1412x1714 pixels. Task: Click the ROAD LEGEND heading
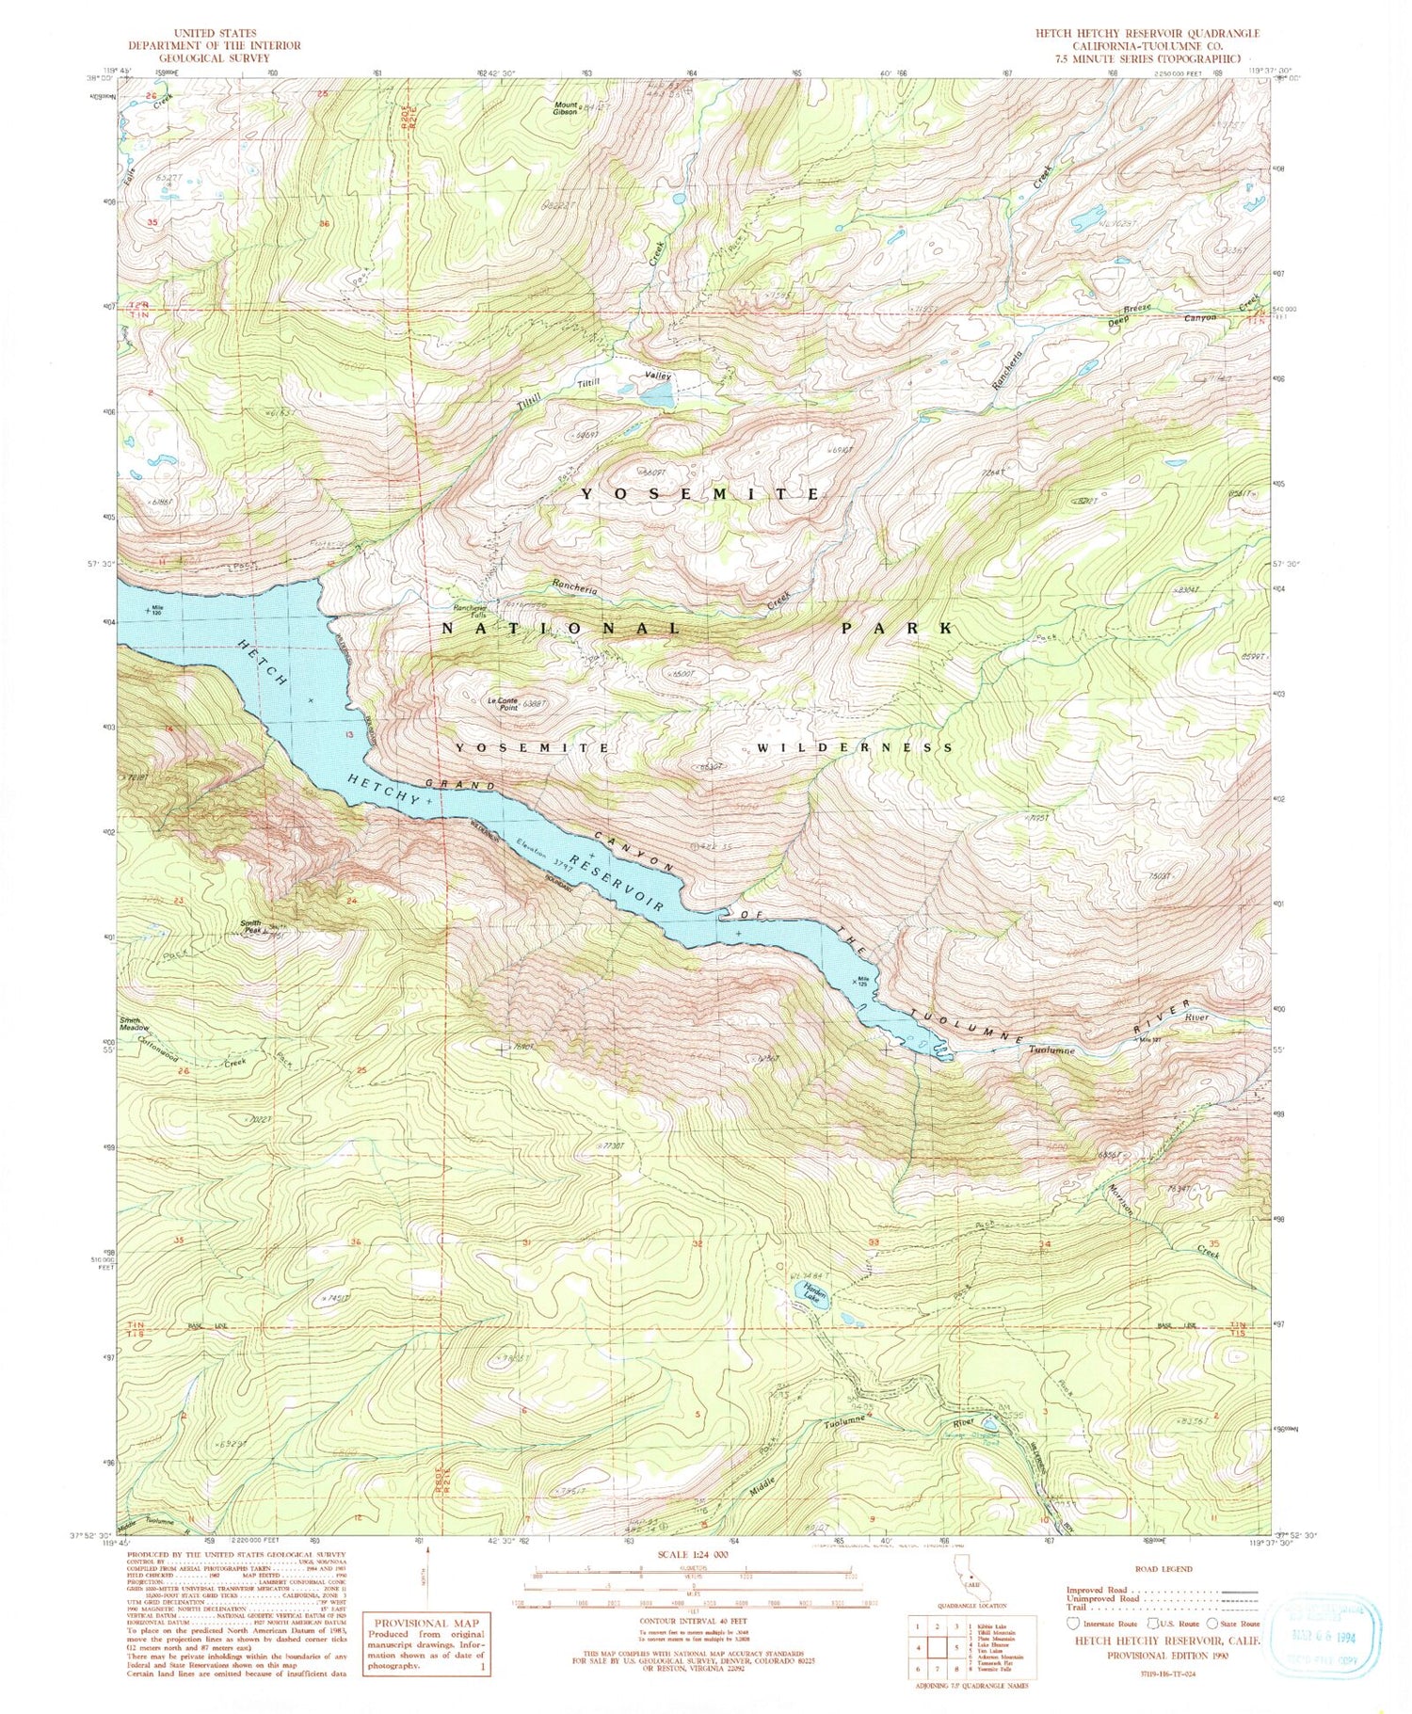point(1163,1569)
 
